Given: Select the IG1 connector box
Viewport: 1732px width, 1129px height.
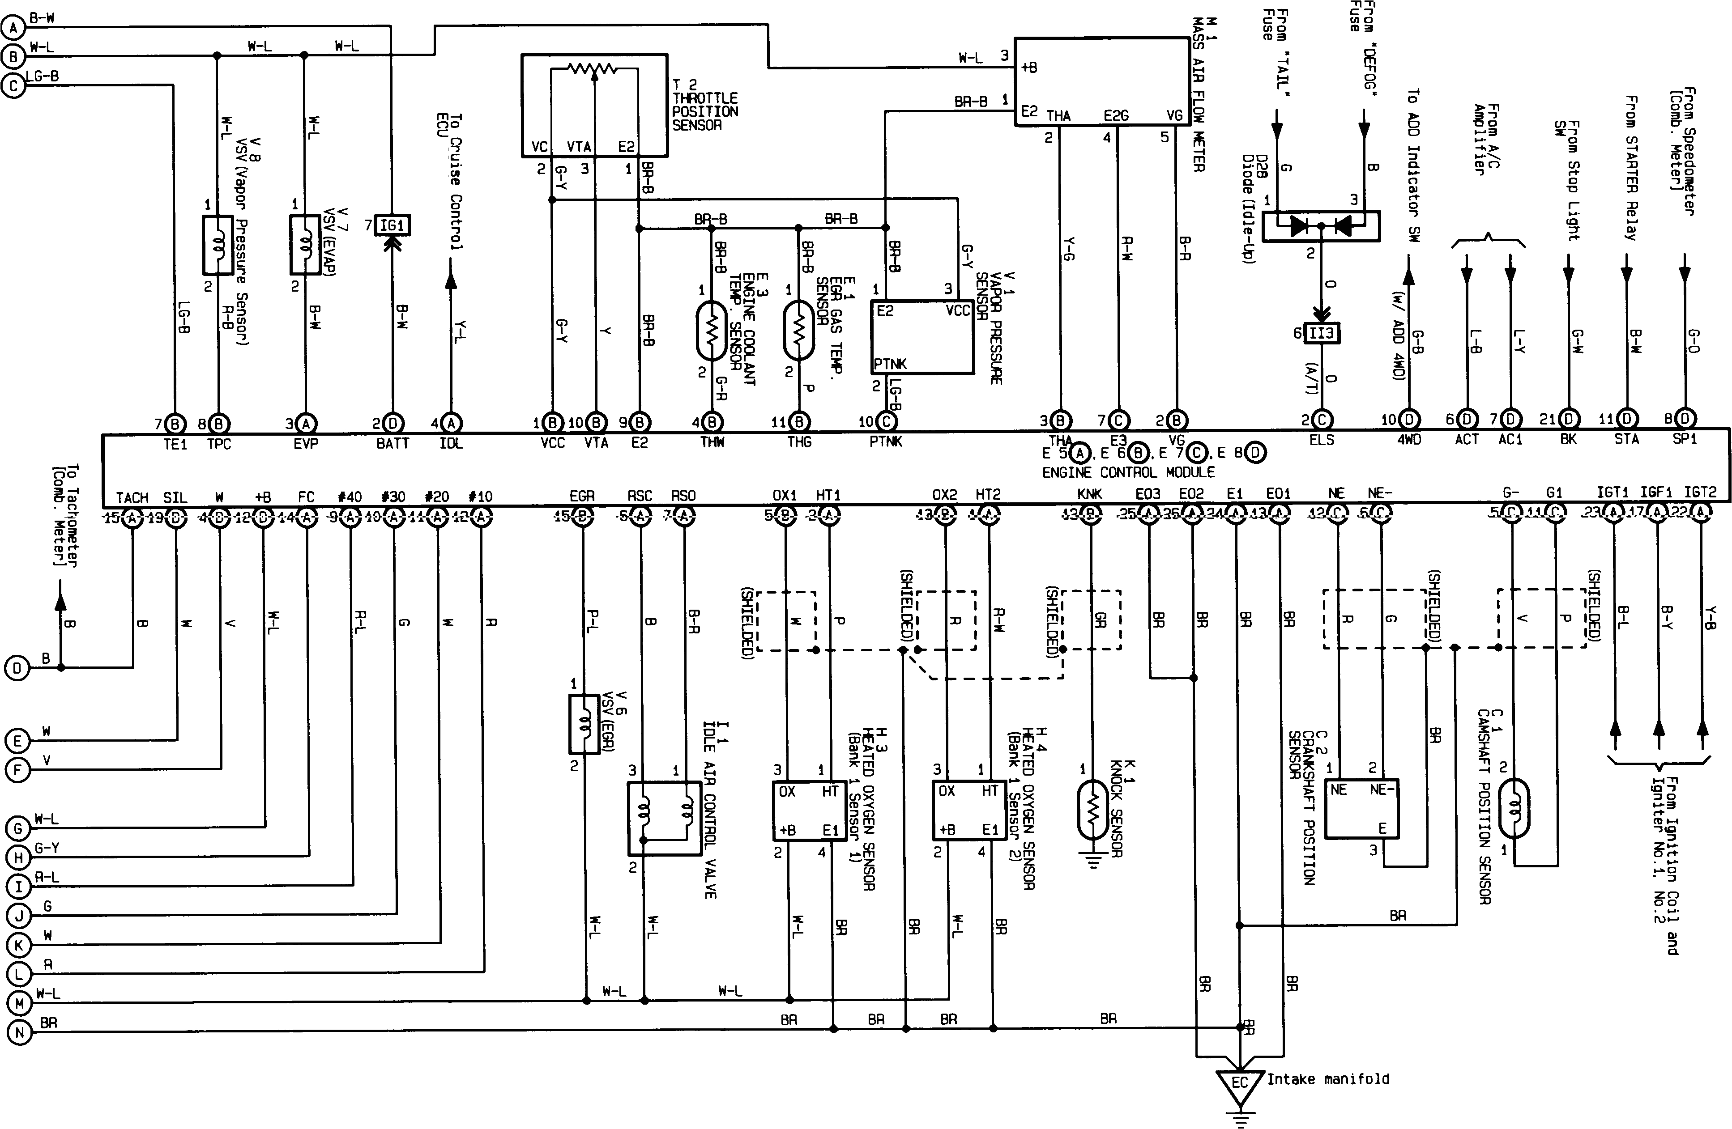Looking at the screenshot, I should click(x=392, y=225).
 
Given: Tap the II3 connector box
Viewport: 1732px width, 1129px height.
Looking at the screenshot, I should click(x=1322, y=333).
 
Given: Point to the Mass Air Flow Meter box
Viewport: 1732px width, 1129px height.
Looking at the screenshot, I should click(x=1102, y=82).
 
